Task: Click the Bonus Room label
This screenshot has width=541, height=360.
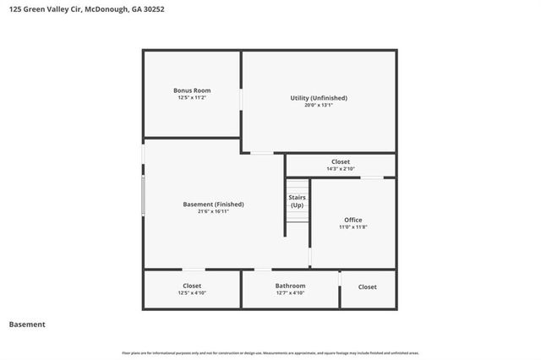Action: [x=192, y=90]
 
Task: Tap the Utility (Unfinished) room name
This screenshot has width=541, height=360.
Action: [x=319, y=98]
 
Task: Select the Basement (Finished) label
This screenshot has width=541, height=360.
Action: [x=213, y=204]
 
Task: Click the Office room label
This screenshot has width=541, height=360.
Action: [x=352, y=220]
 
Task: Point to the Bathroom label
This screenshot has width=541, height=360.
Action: [x=290, y=286]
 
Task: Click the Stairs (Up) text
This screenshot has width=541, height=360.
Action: [x=298, y=201]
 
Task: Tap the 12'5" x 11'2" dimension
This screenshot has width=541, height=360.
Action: [x=192, y=98]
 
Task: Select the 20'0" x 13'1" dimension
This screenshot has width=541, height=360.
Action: [x=319, y=106]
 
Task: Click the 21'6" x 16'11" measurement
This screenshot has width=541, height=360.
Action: [x=213, y=211]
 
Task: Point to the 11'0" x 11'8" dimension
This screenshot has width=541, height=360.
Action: [x=352, y=227]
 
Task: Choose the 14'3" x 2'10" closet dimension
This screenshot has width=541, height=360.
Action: [x=340, y=169]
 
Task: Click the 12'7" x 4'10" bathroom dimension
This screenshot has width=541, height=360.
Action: [x=290, y=293]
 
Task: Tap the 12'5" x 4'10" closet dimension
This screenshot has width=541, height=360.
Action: [x=192, y=293]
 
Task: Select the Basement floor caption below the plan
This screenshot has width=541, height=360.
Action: [x=27, y=325]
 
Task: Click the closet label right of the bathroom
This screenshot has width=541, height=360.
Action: [x=367, y=286]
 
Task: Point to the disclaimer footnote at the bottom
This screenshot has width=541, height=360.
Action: [x=270, y=353]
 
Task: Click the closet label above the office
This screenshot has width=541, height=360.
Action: [x=340, y=161]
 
